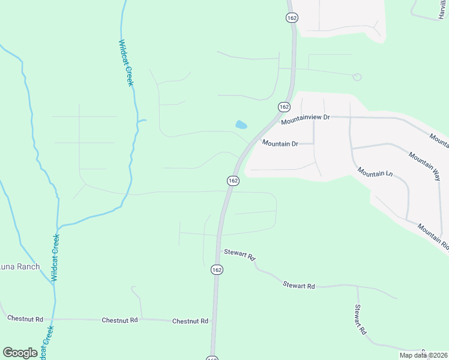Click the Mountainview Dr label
306,119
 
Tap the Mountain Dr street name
280,143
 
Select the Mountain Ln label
375,172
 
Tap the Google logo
20,353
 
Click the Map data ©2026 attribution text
423,355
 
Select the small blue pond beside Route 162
241,125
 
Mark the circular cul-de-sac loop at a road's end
357,77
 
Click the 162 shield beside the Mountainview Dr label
285,106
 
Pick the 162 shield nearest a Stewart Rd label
217,271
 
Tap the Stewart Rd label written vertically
360,320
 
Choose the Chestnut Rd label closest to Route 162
190,321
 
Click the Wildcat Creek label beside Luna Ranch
55,257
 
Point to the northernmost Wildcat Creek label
125,63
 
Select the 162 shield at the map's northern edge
292,18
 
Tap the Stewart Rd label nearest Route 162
240,254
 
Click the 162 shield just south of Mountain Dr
233,180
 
